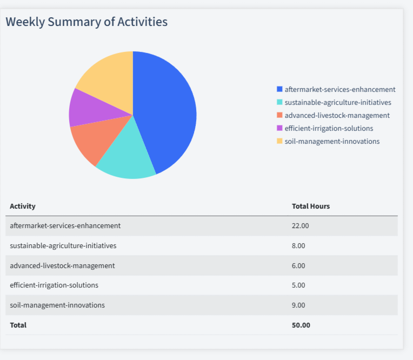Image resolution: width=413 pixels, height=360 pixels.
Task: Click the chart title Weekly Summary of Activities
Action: tap(86, 22)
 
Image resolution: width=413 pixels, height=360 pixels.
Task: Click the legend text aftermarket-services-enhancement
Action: tap(339, 90)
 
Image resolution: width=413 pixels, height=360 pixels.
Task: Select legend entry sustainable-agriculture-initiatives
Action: tap(337, 103)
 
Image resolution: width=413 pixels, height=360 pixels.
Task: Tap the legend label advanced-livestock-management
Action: tap(337, 116)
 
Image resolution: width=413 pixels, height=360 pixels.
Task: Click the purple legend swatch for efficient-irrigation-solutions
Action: tap(279, 129)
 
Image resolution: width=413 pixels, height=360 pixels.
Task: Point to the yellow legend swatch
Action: tap(279, 142)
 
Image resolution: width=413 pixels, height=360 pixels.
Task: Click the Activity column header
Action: tap(23, 206)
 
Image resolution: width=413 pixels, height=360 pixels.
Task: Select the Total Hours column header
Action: tap(310, 206)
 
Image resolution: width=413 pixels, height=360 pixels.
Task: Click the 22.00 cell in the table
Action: tap(300, 226)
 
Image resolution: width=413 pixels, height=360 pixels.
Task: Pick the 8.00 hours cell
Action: tap(298, 246)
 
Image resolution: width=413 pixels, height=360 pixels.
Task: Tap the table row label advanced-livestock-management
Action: tap(62, 266)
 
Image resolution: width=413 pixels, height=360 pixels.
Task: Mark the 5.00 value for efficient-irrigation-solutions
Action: tap(298, 285)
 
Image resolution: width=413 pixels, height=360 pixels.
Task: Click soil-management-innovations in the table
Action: tap(57, 305)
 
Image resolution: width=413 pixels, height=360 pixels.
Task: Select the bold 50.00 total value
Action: tap(301, 325)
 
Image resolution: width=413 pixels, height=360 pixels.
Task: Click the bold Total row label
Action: tap(18, 325)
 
